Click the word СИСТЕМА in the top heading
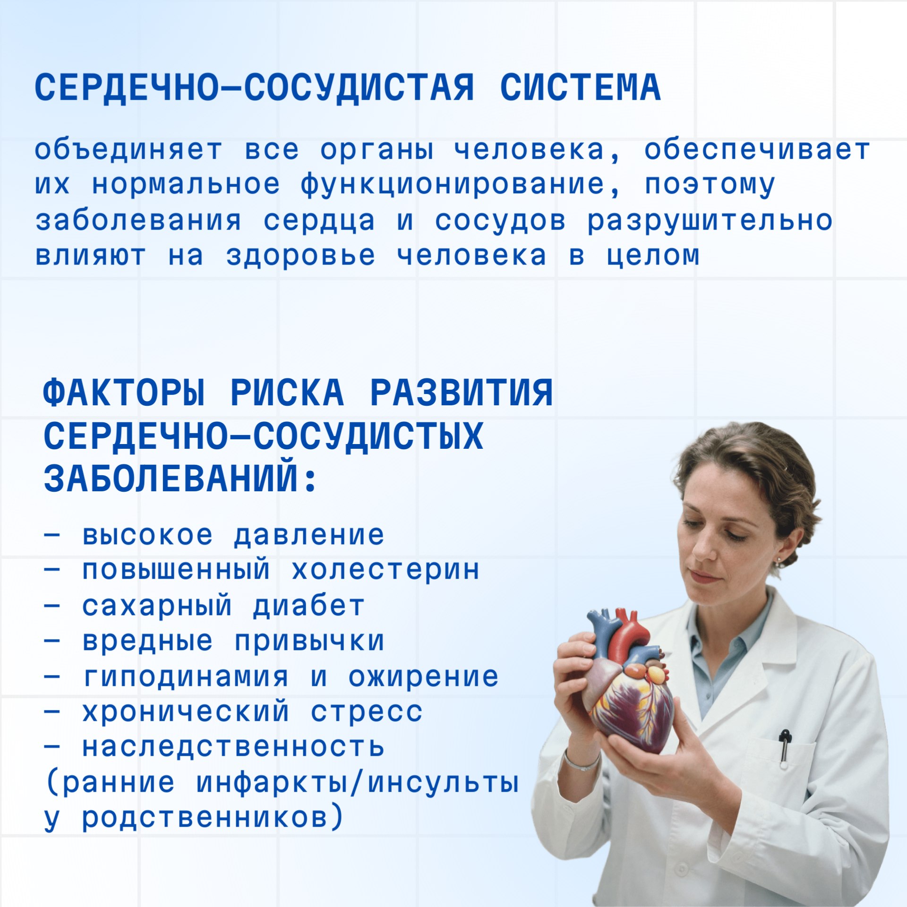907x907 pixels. (580, 88)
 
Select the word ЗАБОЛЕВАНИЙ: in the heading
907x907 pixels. (180, 479)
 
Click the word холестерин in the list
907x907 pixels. (385, 569)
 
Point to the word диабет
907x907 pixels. (308, 606)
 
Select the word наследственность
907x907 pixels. (233, 747)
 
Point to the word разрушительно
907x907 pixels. (710, 221)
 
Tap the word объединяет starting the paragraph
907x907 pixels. (128, 149)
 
